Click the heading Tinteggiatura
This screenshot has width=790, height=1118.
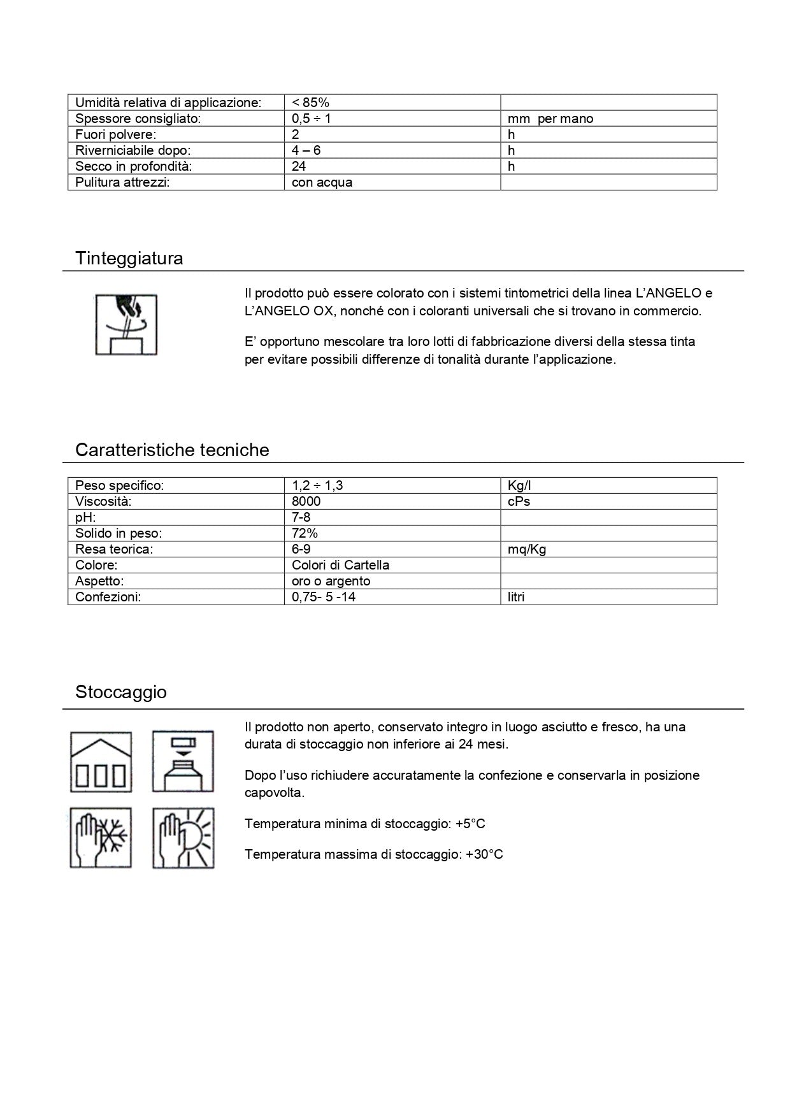[x=129, y=258]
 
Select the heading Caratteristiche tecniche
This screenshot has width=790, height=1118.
[x=172, y=450]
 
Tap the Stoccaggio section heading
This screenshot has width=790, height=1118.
[x=121, y=692]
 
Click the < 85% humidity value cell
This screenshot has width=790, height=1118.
[x=311, y=103]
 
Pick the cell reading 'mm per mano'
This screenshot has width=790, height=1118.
[x=550, y=118]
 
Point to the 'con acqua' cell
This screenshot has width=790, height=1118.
[x=322, y=182]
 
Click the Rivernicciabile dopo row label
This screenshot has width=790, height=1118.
[x=133, y=150]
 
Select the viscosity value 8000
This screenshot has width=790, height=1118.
[x=306, y=501]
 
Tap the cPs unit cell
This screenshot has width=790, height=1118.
[x=519, y=501]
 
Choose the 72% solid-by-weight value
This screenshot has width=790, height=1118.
[x=305, y=533]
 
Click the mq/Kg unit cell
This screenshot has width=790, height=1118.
[x=527, y=549]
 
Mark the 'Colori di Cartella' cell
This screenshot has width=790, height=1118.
[x=341, y=565]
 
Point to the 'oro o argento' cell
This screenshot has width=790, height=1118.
[x=331, y=581]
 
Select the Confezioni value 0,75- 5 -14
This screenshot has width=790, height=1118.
[x=324, y=597]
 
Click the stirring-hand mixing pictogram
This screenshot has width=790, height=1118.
[x=126, y=324]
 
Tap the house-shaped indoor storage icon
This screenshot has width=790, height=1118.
[x=101, y=762]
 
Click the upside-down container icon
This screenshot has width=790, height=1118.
[x=183, y=762]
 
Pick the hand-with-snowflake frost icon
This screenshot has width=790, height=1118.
[x=101, y=838]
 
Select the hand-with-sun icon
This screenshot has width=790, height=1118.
[x=183, y=838]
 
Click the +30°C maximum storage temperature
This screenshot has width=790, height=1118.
[x=484, y=854]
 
